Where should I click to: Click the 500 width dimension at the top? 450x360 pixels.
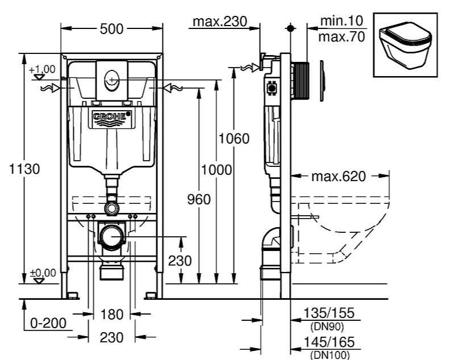point(111,28)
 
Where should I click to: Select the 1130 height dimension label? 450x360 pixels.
point(24,169)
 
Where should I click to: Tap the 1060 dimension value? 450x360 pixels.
point(234,139)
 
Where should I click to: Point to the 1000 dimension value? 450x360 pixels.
point(216,169)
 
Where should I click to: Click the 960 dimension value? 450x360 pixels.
point(199,199)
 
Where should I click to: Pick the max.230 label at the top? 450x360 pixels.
point(219,22)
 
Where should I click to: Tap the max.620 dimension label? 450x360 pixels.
point(338,176)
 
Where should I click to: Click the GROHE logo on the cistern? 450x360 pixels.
point(112,117)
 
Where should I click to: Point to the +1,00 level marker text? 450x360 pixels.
point(43,69)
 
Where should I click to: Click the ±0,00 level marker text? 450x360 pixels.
point(43,273)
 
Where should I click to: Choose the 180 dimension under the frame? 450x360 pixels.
point(111,315)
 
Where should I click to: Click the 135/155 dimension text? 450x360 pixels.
point(330,313)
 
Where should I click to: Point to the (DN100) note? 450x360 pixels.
point(330,355)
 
